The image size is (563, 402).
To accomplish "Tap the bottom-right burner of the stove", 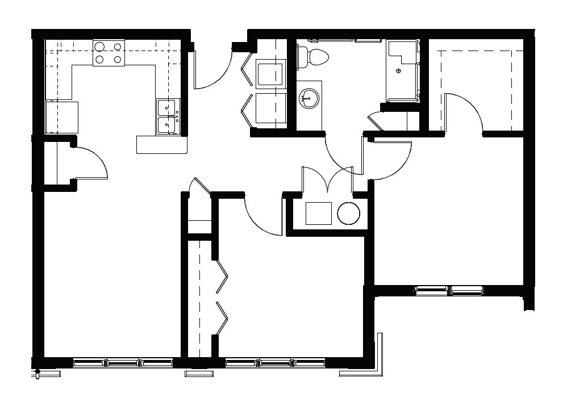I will point(118,59).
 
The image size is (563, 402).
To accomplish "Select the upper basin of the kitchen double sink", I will point(167,106).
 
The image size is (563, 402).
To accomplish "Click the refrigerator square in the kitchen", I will point(62,118).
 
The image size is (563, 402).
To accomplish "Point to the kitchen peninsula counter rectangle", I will point(162,144).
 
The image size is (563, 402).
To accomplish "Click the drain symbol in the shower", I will point(398,71).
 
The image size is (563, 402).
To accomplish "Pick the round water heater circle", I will point(348,213).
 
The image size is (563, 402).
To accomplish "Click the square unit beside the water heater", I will point(318,213).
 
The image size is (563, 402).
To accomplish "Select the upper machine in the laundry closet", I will point(270,74).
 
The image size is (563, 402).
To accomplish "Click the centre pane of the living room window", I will point(123,362).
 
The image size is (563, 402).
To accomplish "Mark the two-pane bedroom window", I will point(449,290).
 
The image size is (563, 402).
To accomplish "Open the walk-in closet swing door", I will point(463,111).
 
